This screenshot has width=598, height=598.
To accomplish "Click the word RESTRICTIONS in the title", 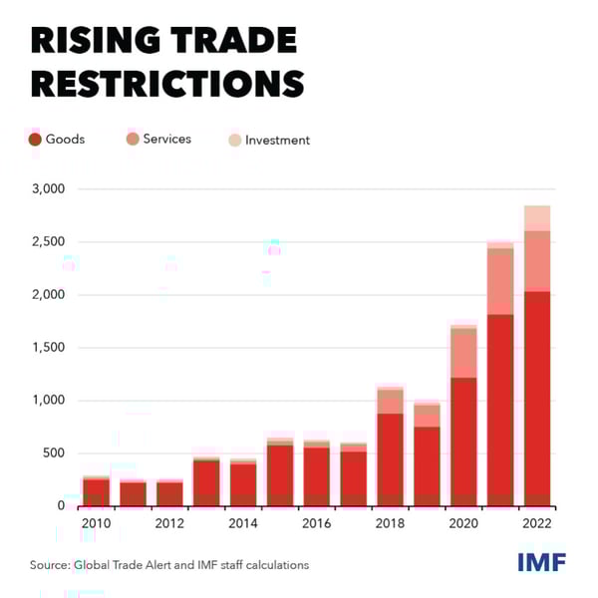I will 166,83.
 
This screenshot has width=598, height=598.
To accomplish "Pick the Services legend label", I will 166,140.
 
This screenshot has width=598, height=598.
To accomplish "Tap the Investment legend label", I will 277,141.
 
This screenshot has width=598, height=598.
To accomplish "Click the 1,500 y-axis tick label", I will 47,348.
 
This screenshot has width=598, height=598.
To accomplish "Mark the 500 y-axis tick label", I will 53,453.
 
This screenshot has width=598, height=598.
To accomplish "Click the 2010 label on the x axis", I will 96,523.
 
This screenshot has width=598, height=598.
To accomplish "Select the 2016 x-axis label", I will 317,523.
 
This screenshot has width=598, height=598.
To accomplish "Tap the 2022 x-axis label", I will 537,523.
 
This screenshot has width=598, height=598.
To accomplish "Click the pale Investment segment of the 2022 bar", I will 537,218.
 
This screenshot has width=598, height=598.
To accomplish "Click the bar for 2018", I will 390,448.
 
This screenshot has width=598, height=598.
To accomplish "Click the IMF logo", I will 541,562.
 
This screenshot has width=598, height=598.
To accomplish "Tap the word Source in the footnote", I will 50,565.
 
